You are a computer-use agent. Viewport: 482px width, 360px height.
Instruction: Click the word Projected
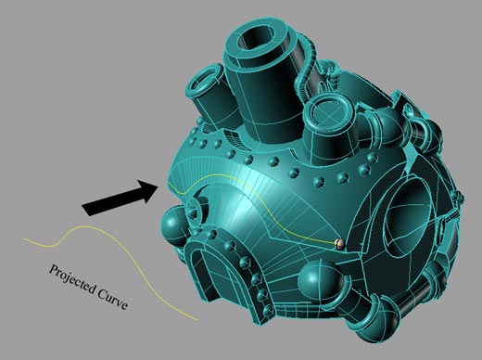click(x=72, y=280)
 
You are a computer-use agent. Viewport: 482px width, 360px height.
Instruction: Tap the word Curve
click(x=112, y=299)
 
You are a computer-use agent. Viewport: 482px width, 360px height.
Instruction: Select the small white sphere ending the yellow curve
click(x=338, y=243)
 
